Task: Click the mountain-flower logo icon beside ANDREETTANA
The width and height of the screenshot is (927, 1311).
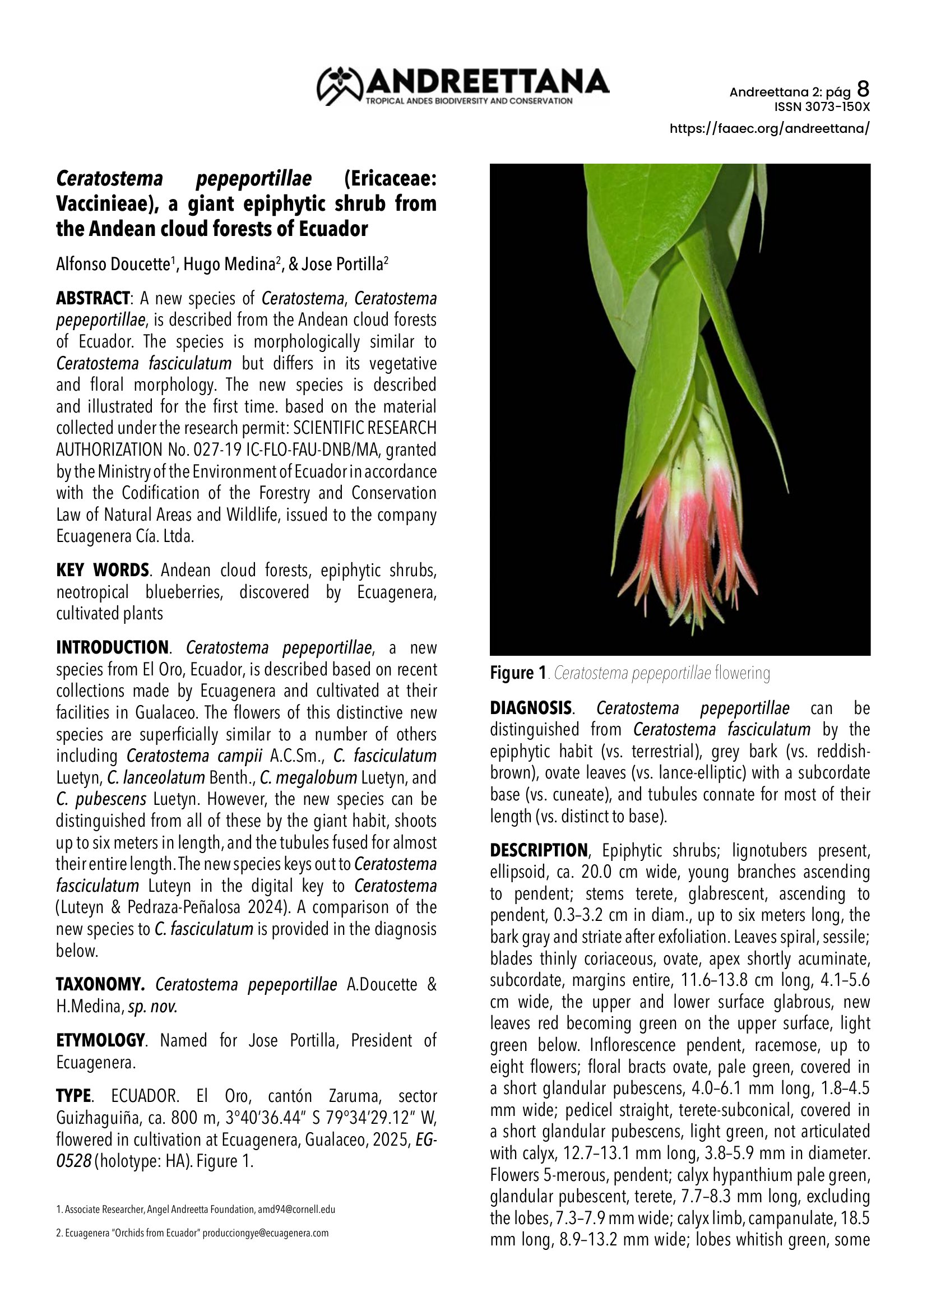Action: tap(340, 86)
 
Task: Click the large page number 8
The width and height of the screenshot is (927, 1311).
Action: tap(863, 89)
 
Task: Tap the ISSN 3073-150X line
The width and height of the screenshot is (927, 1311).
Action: tap(822, 107)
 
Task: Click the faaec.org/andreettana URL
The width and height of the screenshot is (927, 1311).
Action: tap(770, 128)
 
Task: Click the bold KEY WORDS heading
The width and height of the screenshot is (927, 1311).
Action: tap(102, 571)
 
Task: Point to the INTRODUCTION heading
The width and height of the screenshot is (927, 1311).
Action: tap(112, 648)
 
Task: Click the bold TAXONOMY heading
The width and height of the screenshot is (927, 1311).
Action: tap(100, 985)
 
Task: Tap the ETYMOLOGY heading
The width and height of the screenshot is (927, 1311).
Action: tap(100, 1041)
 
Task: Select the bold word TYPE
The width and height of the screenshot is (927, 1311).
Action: tap(73, 1096)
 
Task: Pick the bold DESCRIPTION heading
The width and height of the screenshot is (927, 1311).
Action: tap(538, 851)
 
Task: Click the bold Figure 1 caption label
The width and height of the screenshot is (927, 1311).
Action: tap(518, 674)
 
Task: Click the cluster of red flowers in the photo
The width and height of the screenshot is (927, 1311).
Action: tap(688, 548)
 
